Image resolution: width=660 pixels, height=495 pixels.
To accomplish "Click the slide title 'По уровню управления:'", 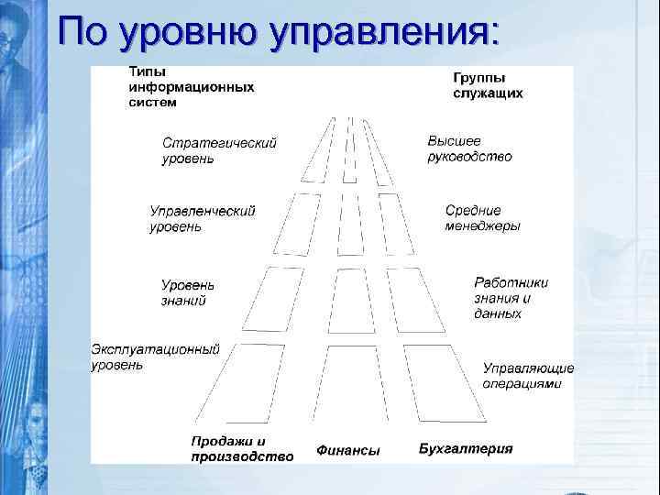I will click(279, 32).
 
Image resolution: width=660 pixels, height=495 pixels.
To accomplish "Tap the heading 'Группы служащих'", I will click(488, 86).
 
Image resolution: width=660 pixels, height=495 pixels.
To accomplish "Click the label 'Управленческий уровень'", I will click(203, 218).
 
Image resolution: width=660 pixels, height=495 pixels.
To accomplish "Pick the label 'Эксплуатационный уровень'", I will click(155, 357).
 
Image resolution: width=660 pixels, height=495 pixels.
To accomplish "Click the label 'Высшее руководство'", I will click(469, 148).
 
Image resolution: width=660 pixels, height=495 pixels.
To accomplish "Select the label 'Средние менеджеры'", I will click(482, 217).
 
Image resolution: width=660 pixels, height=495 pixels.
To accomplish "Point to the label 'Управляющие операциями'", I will click(527, 376).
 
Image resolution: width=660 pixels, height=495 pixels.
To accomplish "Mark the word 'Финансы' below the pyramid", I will click(347, 450).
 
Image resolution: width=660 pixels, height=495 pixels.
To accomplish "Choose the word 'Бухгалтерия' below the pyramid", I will click(466, 449).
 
